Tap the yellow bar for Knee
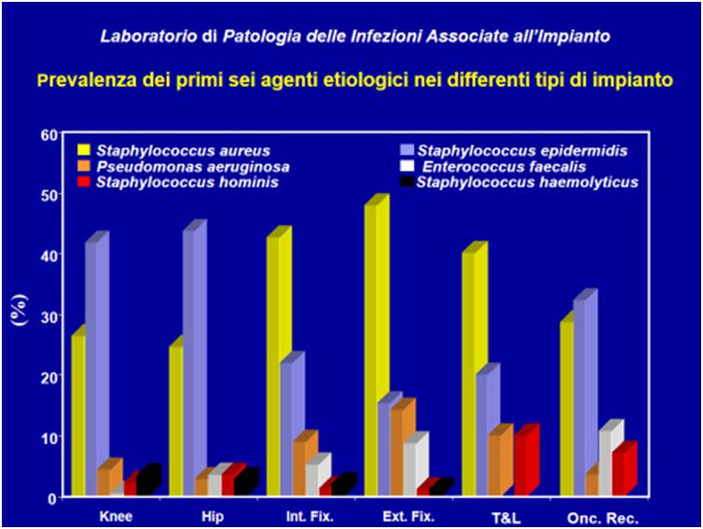click(x=77, y=415)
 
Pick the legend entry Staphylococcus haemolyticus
click(x=527, y=182)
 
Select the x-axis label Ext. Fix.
click(x=406, y=515)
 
